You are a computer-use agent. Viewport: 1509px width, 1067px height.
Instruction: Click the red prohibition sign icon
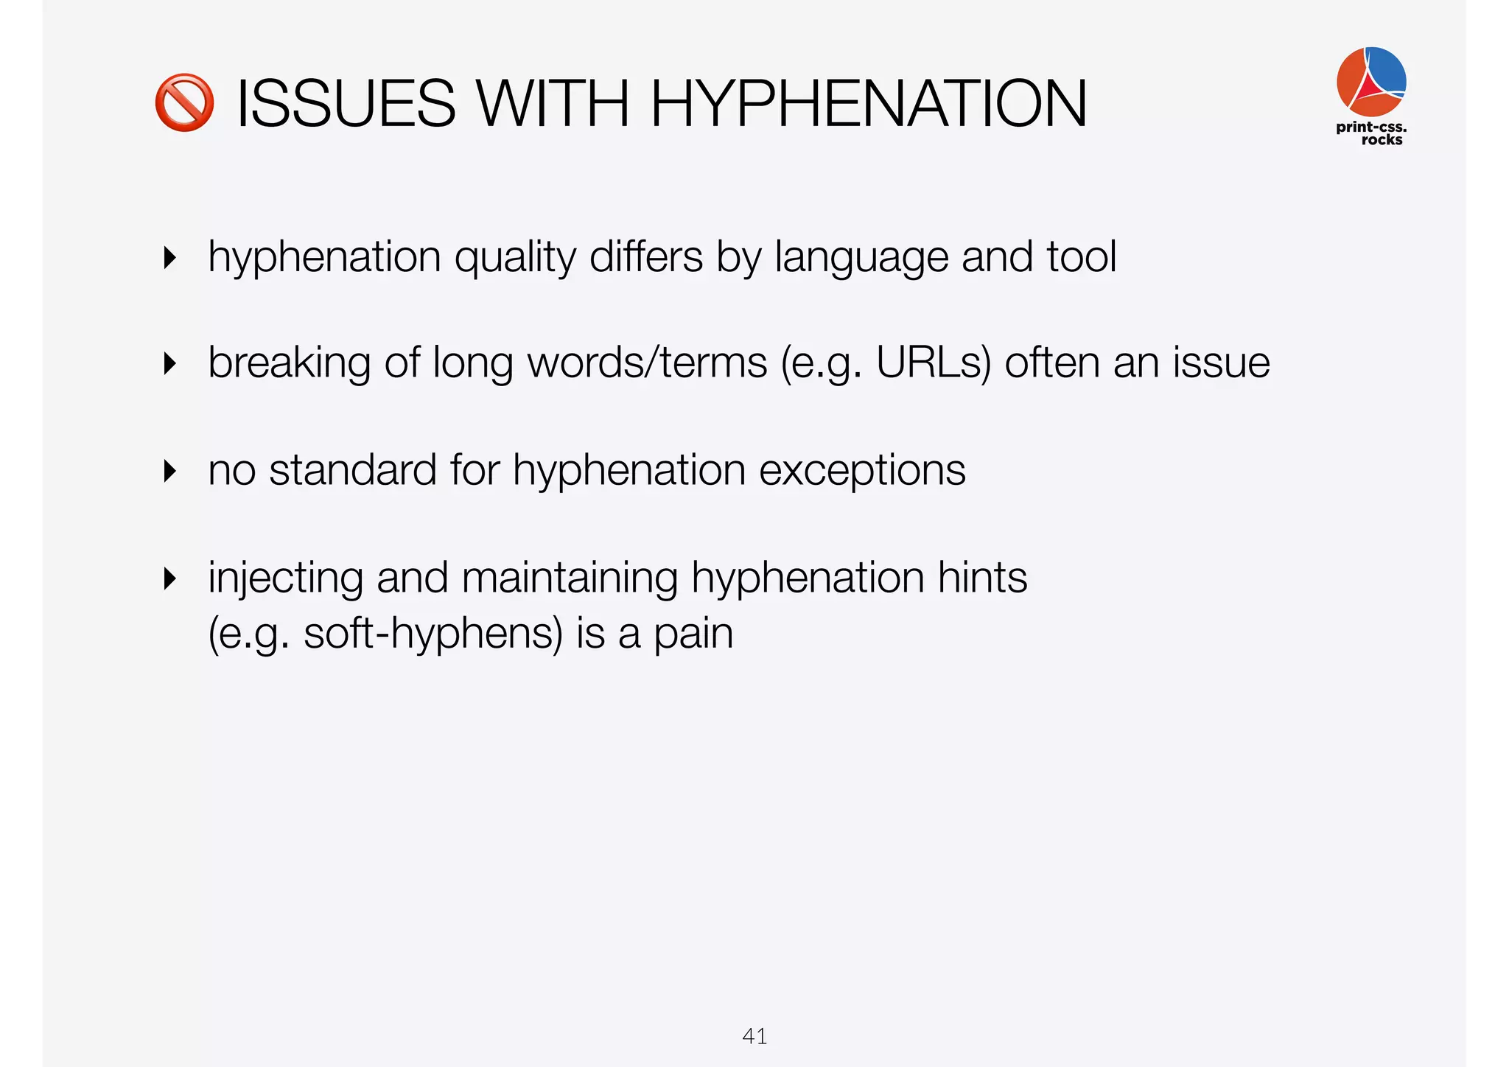tap(184, 102)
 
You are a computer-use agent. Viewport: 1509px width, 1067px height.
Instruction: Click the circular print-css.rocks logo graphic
tap(1371, 81)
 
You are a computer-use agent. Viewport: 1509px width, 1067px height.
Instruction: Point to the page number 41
tap(754, 1036)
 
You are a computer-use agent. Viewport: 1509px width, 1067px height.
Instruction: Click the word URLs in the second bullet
tap(934, 363)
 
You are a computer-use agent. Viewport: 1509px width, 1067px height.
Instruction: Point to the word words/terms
tap(648, 363)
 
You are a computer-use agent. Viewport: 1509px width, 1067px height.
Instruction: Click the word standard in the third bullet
tap(353, 469)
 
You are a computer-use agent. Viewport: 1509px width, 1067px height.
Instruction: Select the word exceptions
tap(862, 471)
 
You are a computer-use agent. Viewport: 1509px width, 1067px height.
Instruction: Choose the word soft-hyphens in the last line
tap(433, 634)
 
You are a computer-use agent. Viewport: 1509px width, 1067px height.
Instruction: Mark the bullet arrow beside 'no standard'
tap(170, 471)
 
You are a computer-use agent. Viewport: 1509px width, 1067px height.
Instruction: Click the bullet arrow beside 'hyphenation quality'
tap(170, 258)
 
